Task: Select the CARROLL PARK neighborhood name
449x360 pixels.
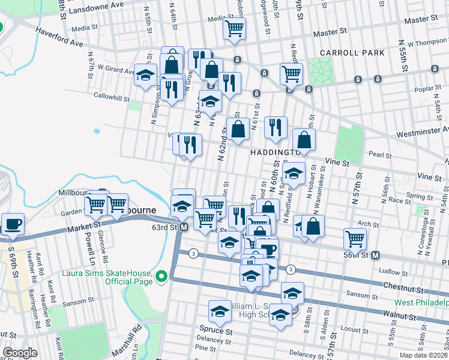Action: [x=351, y=53]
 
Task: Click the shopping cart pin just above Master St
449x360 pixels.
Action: [x=234, y=27]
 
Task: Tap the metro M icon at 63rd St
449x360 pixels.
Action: [x=184, y=227]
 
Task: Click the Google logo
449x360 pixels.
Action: [x=20, y=353]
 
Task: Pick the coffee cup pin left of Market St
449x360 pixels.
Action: [x=13, y=224]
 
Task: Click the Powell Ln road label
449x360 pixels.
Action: [x=91, y=253]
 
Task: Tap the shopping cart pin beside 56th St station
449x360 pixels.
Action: [x=355, y=238]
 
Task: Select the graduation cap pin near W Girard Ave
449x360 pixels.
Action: [x=145, y=75]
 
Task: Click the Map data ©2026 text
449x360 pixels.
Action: [x=424, y=355]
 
